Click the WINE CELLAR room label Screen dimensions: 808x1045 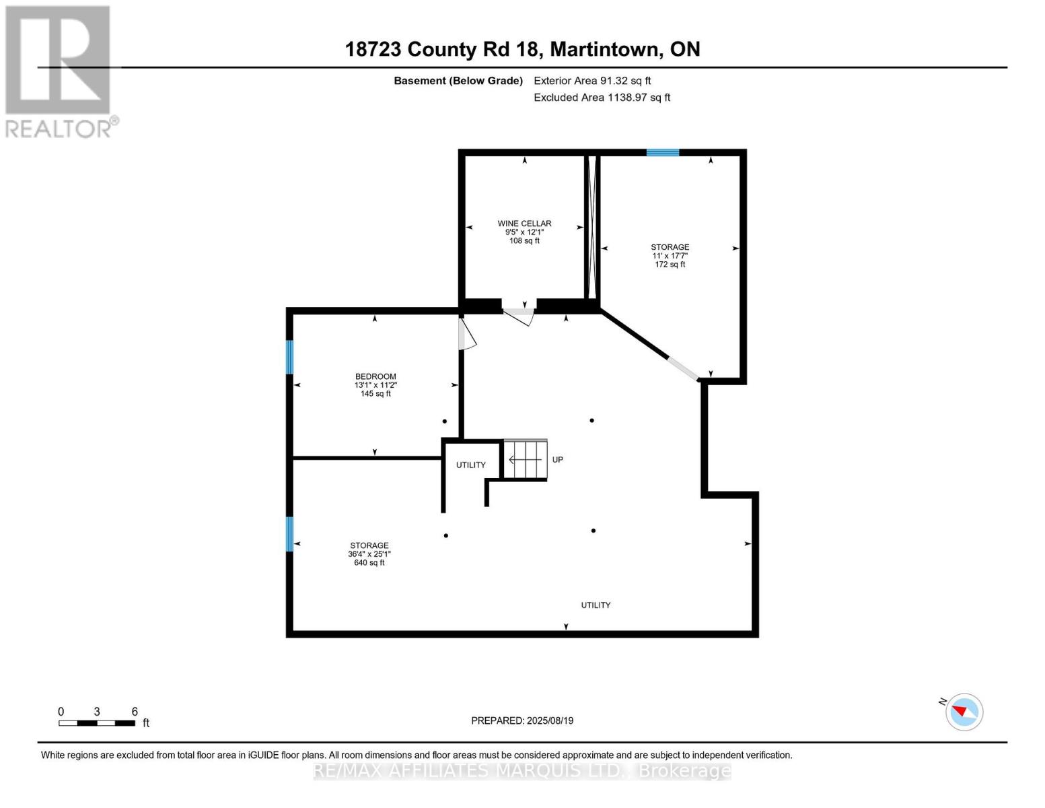tap(524, 224)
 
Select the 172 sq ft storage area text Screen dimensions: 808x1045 tap(670, 265)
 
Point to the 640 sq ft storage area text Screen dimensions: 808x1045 tap(369, 563)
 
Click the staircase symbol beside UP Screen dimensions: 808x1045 tap(526, 460)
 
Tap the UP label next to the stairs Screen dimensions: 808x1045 tap(557, 460)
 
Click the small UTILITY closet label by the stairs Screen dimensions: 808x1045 tap(470, 465)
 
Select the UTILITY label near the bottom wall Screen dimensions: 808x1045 tap(596, 605)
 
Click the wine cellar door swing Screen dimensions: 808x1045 tap(520, 315)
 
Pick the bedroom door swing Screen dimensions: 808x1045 tap(466, 335)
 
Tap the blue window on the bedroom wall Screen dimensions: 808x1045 tap(290, 357)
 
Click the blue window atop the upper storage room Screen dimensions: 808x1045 tap(663, 153)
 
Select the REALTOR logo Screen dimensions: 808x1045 tap(59, 71)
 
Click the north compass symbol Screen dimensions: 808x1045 tap(964, 711)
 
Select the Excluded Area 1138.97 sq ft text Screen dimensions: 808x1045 tap(602, 98)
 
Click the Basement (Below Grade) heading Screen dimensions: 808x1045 tap(458, 81)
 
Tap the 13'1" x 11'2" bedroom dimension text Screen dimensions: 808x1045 tap(375, 385)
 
